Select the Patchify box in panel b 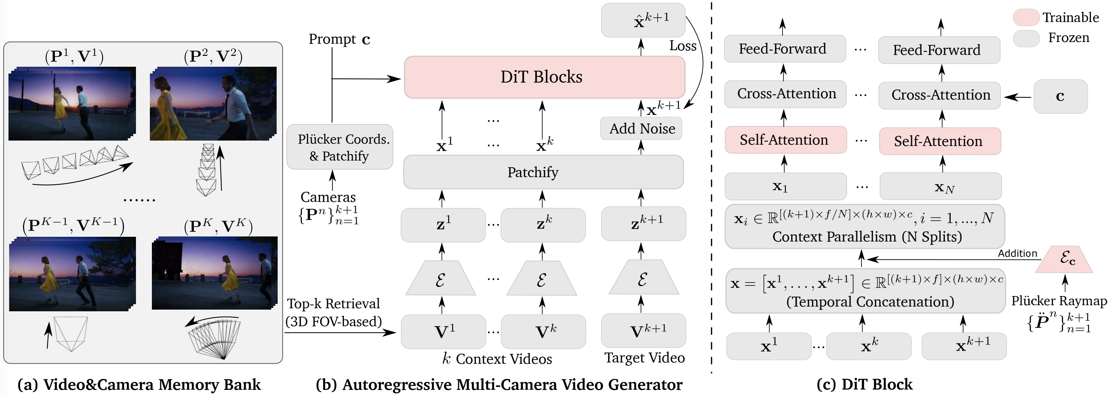(x=543, y=172)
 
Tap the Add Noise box (x=641, y=129)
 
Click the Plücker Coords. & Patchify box (x=340, y=147)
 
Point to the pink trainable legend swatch (x=1026, y=17)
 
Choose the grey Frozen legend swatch (x=1026, y=38)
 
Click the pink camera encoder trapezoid (x=1064, y=260)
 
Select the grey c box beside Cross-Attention (x=1060, y=97)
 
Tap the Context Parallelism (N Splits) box (x=865, y=227)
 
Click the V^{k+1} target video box (x=643, y=331)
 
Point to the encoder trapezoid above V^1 (x=440, y=279)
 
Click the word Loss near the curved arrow (x=682, y=46)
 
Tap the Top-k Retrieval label (x=334, y=304)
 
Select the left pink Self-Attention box (x=785, y=140)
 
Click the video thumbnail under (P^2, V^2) (x=213, y=103)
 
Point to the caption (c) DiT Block (x=865, y=384)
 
